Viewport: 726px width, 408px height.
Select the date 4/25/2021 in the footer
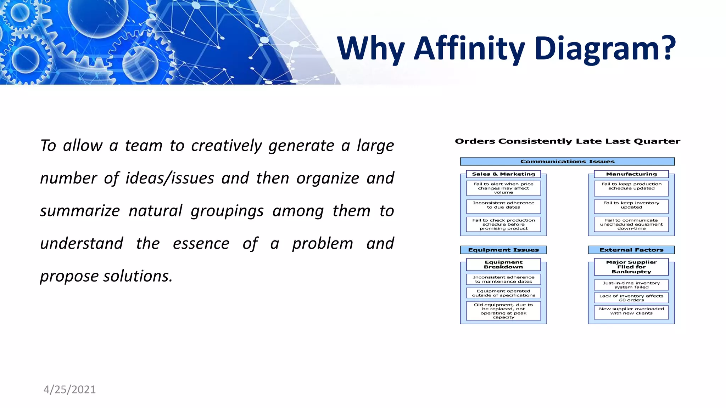pyautogui.click(x=69, y=389)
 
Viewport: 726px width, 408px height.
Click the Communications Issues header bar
pyautogui.click(x=567, y=161)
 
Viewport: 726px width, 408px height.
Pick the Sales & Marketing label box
pyautogui.click(x=503, y=174)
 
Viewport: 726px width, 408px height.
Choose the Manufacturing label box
pyautogui.click(x=631, y=174)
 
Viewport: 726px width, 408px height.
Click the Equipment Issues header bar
pyautogui.click(x=503, y=250)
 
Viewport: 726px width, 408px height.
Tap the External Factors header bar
pyautogui.click(x=631, y=250)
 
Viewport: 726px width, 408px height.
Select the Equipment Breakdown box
pyautogui.click(x=503, y=265)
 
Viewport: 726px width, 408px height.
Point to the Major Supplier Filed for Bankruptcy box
pyautogui.click(x=631, y=267)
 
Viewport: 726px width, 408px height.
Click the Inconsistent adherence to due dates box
pyautogui.click(x=503, y=205)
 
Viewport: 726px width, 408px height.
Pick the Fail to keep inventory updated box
pyautogui.click(x=631, y=205)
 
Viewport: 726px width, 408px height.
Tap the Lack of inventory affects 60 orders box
pyautogui.click(x=631, y=298)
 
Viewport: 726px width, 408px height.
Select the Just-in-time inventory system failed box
pyautogui.click(x=631, y=285)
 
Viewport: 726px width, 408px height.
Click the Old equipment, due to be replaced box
pyautogui.click(x=503, y=311)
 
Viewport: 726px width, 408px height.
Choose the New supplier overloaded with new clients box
pyautogui.click(x=631, y=311)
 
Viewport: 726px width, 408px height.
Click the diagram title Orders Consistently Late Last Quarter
pyautogui.click(x=567, y=141)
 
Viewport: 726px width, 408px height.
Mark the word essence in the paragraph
pyautogui.click(x=201, y=243)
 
